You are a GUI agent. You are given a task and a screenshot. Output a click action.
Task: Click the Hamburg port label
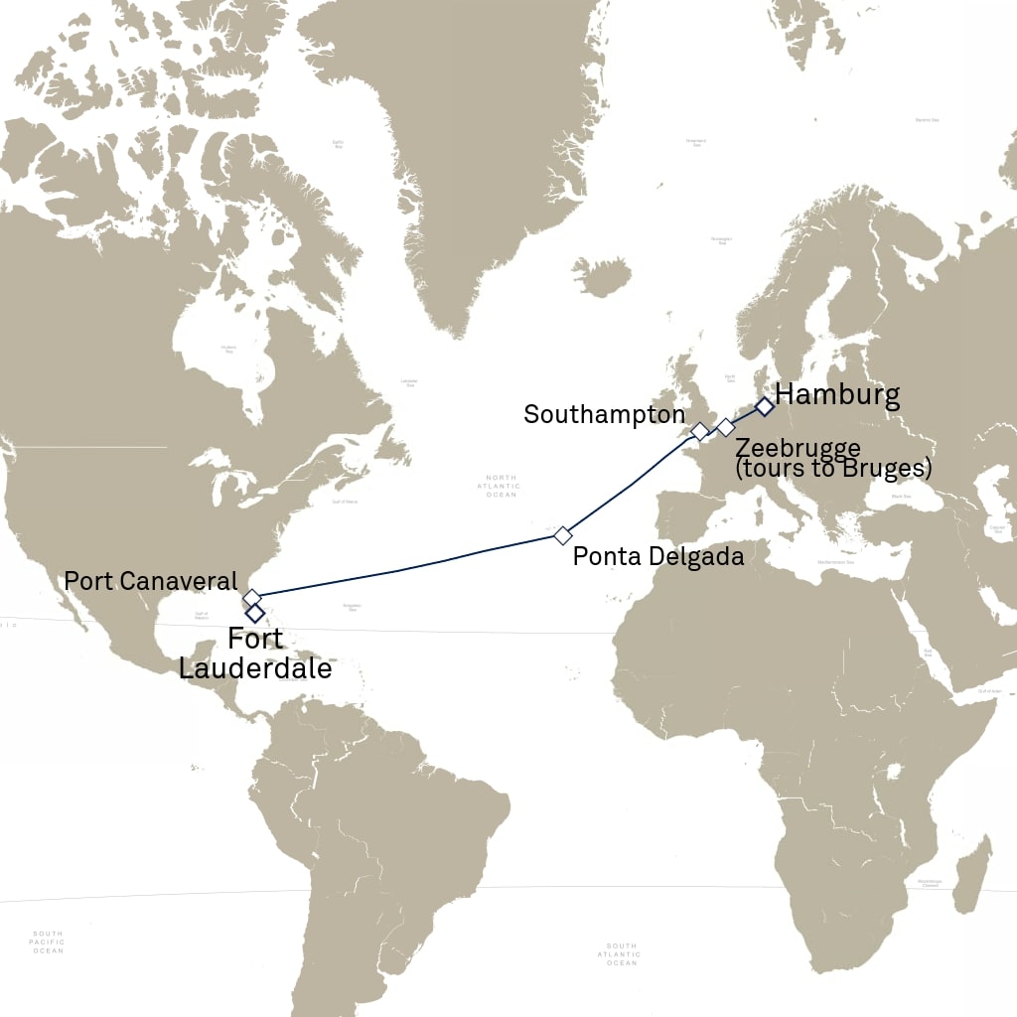(x=837, y=394)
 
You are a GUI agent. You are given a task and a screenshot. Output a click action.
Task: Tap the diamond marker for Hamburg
(x=764, y=406)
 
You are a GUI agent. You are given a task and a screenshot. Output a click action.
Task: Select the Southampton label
(x=604, y=414)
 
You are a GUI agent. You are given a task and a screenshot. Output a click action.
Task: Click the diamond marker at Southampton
(x=699, y=431)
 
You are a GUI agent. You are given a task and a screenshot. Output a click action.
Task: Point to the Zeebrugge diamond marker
(x=726, y=428)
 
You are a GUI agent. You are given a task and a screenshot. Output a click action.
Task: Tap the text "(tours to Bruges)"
(x=832, y=468)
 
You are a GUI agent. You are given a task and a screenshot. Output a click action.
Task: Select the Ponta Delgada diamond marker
(x=563, y=536)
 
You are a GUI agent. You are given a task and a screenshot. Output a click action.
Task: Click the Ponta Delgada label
(x=658, y=557)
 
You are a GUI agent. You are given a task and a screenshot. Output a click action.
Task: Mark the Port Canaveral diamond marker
(x=252, y=598)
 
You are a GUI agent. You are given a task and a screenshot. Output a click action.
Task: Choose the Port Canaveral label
(x=151, y=580)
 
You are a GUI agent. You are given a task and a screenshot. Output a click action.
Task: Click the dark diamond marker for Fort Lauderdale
(x=255, y=613)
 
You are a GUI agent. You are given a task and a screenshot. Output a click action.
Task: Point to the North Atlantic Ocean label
(x=502, y=486)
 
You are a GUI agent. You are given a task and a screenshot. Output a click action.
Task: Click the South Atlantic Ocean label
(x=621, y=954)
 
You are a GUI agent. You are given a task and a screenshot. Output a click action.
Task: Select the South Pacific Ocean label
(x=48, y=943)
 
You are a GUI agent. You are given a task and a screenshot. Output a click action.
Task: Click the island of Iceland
(x=602, y=277)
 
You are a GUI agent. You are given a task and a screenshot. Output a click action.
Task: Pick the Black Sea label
(x=901, y=496)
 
